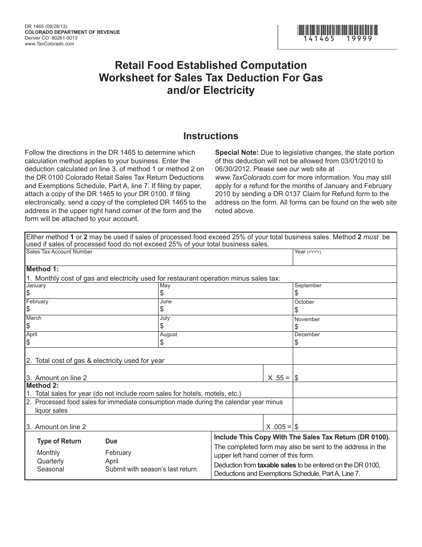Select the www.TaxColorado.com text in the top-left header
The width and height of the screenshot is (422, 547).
tap(49, 44)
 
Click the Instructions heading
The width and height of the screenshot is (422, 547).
tap(211, 136)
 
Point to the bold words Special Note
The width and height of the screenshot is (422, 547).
tap(237, 153)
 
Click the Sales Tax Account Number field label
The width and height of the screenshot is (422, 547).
tap(60, 252)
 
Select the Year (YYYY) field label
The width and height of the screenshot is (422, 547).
tap(307, 252)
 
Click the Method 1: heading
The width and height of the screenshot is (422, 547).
tap(42, 269)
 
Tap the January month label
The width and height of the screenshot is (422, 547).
tap(36, 286)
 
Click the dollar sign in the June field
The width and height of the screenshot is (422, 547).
tap(162, 309)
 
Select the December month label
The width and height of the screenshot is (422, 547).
tap(307, 334)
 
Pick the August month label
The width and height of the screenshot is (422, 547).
tap(168, 334)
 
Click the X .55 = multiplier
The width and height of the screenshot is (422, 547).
tap(279, 378)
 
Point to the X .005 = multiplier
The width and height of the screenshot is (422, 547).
tap(279, 426)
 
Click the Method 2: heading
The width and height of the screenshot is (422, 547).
tap(42, 386)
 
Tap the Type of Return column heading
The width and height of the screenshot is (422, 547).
tap(59, 441)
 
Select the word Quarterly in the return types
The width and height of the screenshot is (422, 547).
tap(50, 461)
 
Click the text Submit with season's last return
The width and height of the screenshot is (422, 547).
tap(151, 469)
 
